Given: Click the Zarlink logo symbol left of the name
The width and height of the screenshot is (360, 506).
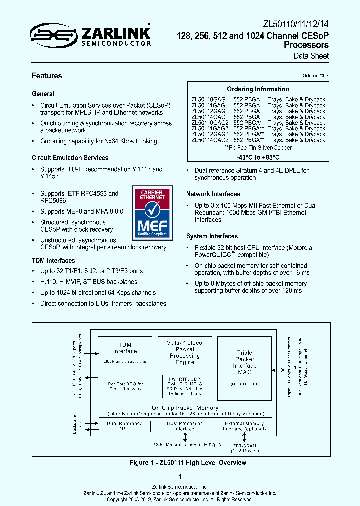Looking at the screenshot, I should pyautogui.click(x=47, y=35).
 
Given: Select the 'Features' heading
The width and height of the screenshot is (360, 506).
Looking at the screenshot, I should pyautogui.click(x=47, y=76).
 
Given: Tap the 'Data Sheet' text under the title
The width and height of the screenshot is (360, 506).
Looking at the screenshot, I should pyautogui.click(x=311, y=56).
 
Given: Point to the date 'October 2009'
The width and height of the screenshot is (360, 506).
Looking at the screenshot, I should pyautogui.click(x=315, y=76).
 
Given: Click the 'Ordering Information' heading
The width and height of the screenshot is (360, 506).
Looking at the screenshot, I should pyautogui.click(x=258, y=89).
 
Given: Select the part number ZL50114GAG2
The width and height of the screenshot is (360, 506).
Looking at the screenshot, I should pyautogui.click(x=210, y=140).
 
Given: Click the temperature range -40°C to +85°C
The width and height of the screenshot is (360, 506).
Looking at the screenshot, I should pyautogui.click(x=258, y=158).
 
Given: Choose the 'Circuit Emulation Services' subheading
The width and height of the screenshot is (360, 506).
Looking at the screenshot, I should pyautogui.click(x=70, y=158).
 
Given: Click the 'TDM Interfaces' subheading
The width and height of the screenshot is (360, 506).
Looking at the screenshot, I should pyautogui.click(x=53, y=260).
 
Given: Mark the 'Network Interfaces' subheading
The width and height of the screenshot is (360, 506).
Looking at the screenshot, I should pyautogui.click(x=213, y=194).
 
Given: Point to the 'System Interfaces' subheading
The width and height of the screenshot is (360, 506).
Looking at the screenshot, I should pyautogui.click(x=212, y=236).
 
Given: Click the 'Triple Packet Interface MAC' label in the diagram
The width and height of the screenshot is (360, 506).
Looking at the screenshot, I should pyautogui.click(x=245, y=362).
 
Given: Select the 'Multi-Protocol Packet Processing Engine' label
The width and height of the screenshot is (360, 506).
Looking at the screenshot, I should pyautogui.click(x=185, y=352).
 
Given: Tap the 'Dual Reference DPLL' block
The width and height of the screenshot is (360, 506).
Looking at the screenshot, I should pyautogui.click(x=124, y=426).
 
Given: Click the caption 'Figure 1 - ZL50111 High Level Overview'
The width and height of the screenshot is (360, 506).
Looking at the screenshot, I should pyautogui.click(x=188, y=462).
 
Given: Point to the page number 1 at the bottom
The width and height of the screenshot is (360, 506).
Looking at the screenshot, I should pyautogui.click(x=180, y=477).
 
